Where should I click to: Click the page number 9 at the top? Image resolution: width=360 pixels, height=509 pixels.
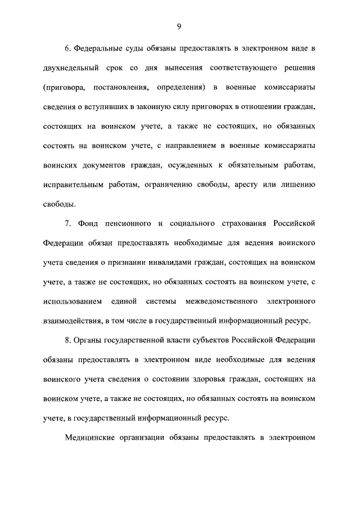[x=179, y=26]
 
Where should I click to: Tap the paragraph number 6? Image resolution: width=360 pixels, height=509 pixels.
[x=68, y=49]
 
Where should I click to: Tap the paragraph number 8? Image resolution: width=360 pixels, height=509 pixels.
[x=68, y=340]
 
